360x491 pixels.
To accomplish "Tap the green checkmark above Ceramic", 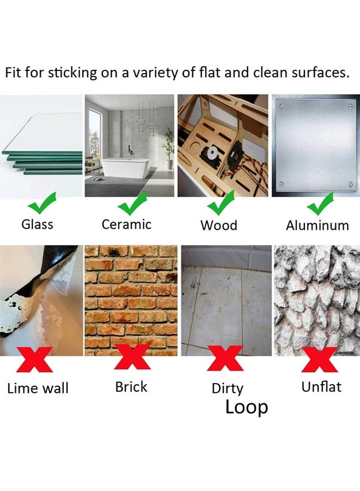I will click(x=133, y=204).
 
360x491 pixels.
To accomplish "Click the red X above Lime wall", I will click(x=37, y=359).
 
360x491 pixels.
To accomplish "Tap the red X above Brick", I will click(x=131, y=358).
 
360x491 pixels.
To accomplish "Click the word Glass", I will click(x=37, y=224).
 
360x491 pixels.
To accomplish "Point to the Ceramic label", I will click(x=127, y=224).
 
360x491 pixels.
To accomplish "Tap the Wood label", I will click(x=219, y=225).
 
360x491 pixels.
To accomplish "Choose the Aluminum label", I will click(x=317, y=225).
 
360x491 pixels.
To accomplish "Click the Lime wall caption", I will click(x=38, y=388).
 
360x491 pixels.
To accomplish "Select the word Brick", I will click(x=131, y=387).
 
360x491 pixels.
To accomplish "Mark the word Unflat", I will click(x=321, y=387).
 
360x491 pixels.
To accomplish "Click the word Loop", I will click(x=247, y=408).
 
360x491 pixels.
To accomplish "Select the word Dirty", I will click(x=227, y=388).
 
